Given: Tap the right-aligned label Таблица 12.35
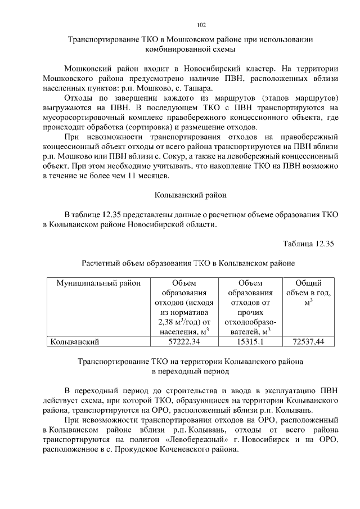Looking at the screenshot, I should click(x=308, y=243).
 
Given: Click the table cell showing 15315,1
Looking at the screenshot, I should click(x=249, y=341).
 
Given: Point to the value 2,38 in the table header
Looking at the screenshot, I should click(x=162, y=322).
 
